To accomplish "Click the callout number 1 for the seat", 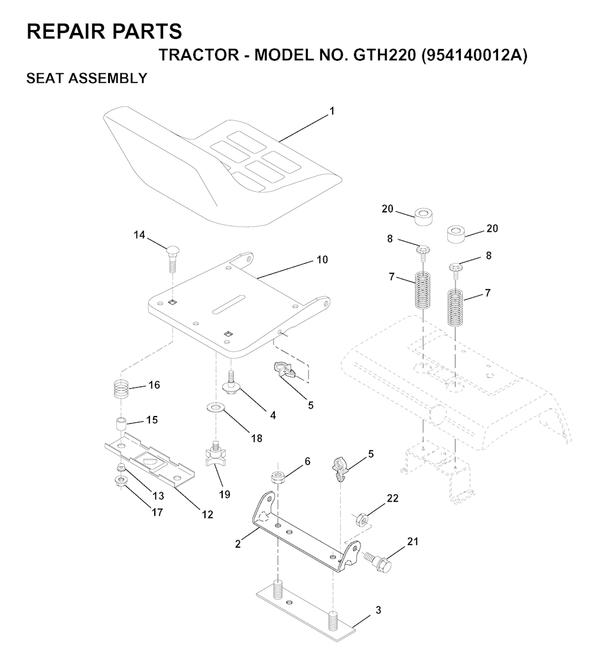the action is [331, 111].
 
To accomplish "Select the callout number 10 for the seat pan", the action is [322, 260].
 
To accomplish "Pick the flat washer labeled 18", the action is [216, 408].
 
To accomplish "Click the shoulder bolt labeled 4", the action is [232, 384].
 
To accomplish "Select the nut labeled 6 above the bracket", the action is [278, 477].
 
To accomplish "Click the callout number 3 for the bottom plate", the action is [379, 610].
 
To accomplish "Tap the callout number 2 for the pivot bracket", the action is [238, 543].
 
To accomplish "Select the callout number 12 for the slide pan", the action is [207, 515].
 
